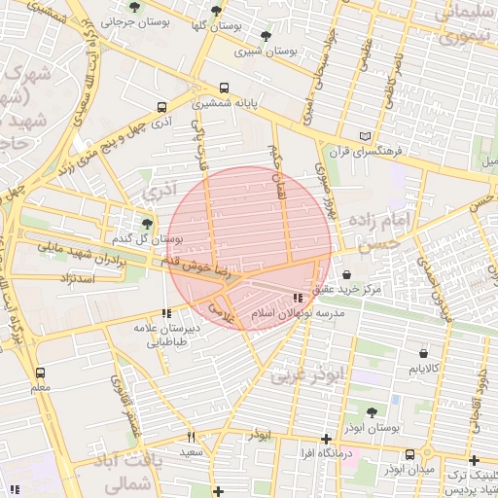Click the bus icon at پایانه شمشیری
coord(226,87)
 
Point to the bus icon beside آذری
coord(161,108)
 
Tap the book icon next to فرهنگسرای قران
coord(366,136)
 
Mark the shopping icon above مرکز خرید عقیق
coord(347,275)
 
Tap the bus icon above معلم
coord(40,373)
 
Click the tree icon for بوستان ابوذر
coord(373,412)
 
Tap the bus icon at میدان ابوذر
coord(409,454)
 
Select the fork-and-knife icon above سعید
coord(191,437)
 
